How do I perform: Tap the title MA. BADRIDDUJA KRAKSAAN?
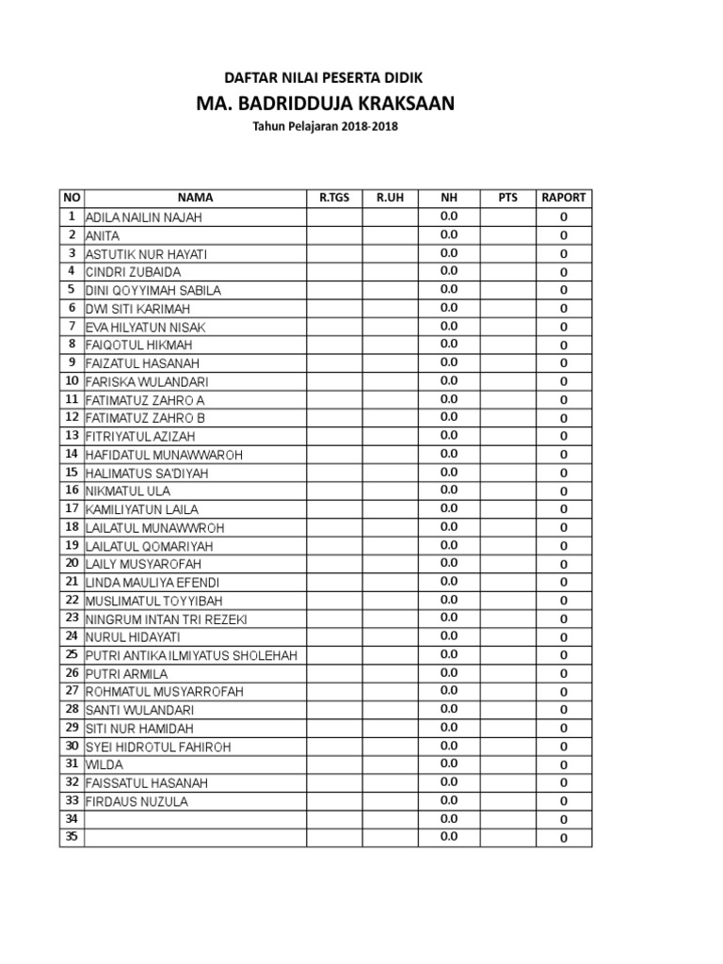(x=324, y=103)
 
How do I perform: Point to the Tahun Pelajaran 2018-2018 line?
(x=324, y=126)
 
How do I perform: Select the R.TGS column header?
(x=334, y=198)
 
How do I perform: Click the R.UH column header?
(x=390, y=198)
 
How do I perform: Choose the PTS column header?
(x=507, y=198)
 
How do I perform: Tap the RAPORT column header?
(x=564, y=198)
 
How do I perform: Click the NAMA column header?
(x=195, y=198)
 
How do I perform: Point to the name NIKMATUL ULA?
(x=128, y=491)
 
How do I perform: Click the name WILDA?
(x=104, y=765)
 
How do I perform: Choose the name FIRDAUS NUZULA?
(x=137, y=802)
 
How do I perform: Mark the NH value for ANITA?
(x=448, y=234)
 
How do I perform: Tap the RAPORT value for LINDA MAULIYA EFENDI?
(x=564, y=583)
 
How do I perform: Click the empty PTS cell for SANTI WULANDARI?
(x=507, y=710)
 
